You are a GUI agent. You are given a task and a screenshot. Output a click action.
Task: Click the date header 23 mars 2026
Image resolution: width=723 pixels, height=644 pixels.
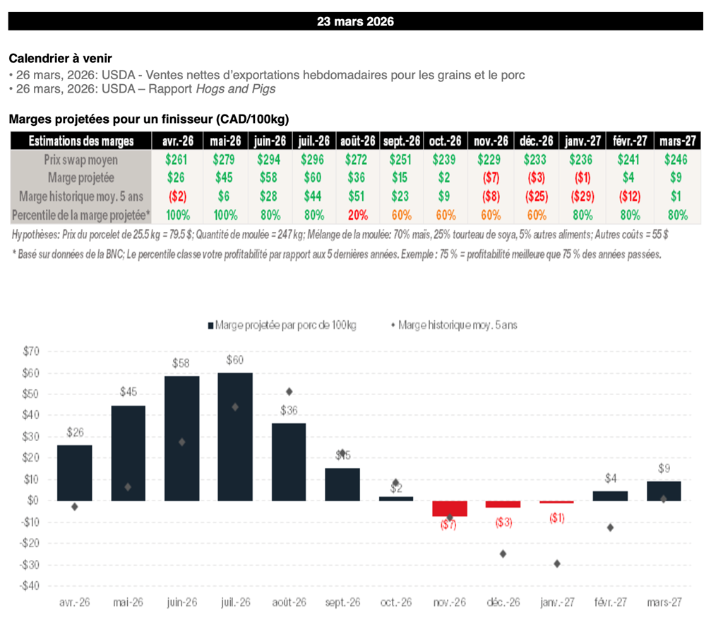355,21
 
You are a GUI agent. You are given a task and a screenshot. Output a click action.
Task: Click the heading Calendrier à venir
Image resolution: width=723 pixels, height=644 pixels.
60,58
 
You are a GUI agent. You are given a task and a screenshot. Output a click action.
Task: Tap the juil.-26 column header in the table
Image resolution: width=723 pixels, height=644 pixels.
313,141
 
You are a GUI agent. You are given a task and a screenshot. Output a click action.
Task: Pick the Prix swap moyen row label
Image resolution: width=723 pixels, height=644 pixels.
81,160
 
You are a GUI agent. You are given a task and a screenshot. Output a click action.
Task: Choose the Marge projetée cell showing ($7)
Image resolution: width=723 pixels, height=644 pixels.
489,178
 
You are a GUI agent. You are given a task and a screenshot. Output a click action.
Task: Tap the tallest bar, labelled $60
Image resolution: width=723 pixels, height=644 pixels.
235,436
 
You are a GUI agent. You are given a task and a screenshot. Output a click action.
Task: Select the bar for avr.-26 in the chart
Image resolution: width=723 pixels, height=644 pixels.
74,472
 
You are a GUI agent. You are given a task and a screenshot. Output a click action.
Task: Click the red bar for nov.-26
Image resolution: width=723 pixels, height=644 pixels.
450,508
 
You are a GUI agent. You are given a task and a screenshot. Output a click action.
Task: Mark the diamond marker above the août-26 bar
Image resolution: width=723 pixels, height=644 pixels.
289,392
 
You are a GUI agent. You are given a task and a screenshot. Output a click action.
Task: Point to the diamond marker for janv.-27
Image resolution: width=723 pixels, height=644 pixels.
557,563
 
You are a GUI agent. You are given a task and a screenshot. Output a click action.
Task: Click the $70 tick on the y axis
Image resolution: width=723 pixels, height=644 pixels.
31,351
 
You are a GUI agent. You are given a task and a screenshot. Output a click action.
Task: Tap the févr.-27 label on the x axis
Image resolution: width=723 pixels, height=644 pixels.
610,602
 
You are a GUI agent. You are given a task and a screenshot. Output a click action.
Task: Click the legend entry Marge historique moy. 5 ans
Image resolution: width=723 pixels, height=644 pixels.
453,325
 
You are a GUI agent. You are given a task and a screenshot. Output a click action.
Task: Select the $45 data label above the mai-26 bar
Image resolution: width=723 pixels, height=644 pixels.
128,391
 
